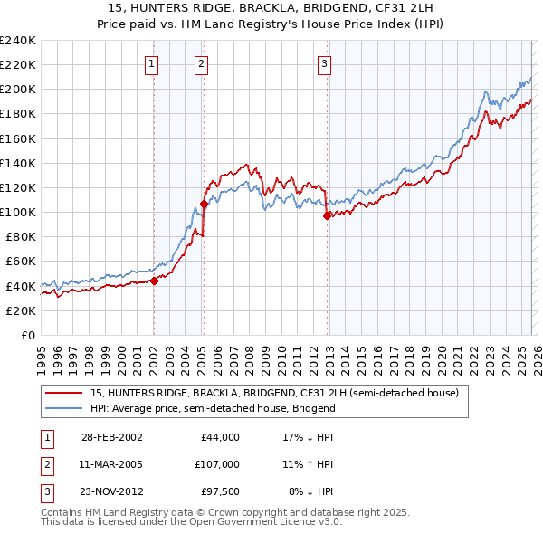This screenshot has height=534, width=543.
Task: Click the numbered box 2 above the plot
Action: click(200, 63)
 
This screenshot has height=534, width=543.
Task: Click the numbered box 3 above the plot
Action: click(324, 63)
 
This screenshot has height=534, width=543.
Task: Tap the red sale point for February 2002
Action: click(154, 281)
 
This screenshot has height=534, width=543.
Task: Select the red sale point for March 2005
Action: click(204, 204)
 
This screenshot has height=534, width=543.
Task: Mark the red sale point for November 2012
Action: click(327, 215)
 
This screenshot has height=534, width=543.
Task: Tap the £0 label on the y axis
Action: click(27, 335)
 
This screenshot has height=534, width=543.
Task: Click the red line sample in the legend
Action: click(63, 393)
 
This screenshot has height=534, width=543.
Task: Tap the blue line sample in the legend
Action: click(63, 408)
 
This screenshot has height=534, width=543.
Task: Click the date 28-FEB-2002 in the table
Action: click(111, 437)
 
